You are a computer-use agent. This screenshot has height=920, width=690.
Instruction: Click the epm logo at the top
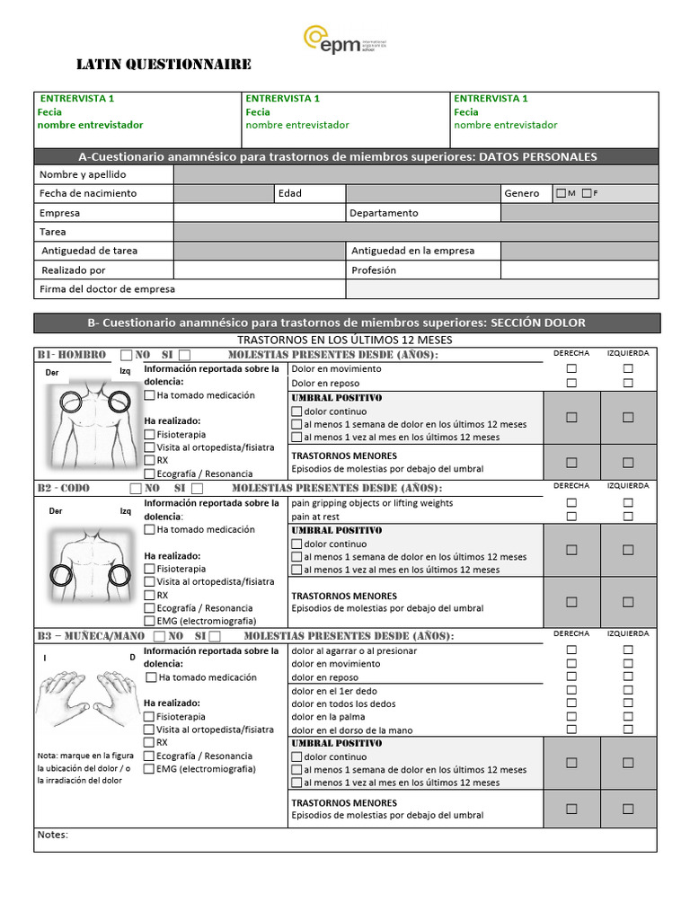(345, 41)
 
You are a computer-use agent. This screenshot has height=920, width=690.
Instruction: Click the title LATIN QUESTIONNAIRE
(164, 65)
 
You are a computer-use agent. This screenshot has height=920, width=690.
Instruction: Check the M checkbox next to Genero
(562, 193)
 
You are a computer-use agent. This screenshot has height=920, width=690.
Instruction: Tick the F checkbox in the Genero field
(587, 193)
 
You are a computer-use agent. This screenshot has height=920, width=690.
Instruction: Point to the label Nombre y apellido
(83, 174)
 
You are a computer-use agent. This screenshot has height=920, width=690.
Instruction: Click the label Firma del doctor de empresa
(107, 289)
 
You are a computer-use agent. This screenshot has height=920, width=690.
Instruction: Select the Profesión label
(374, 270)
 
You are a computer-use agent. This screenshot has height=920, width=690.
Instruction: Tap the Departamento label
(384, 213)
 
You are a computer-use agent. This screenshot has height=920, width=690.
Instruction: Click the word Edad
(290, 193)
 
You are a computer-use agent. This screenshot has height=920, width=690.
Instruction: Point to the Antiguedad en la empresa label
(412, 251)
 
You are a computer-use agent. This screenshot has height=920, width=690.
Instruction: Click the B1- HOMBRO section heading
(72, 355)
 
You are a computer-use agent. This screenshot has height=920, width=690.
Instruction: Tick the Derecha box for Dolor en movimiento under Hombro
(571, 369)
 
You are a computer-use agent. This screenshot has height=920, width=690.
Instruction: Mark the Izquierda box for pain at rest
(628, 517)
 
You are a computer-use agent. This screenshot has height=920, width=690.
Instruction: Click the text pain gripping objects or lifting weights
(372, 503)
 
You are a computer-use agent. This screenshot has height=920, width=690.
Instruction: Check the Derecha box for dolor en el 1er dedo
(571, 690)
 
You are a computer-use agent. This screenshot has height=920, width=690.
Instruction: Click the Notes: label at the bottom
(53, 835)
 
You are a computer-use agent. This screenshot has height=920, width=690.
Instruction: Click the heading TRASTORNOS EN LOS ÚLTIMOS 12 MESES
(344, 340)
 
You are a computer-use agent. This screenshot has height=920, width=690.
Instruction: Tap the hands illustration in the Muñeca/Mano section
(86, 695)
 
